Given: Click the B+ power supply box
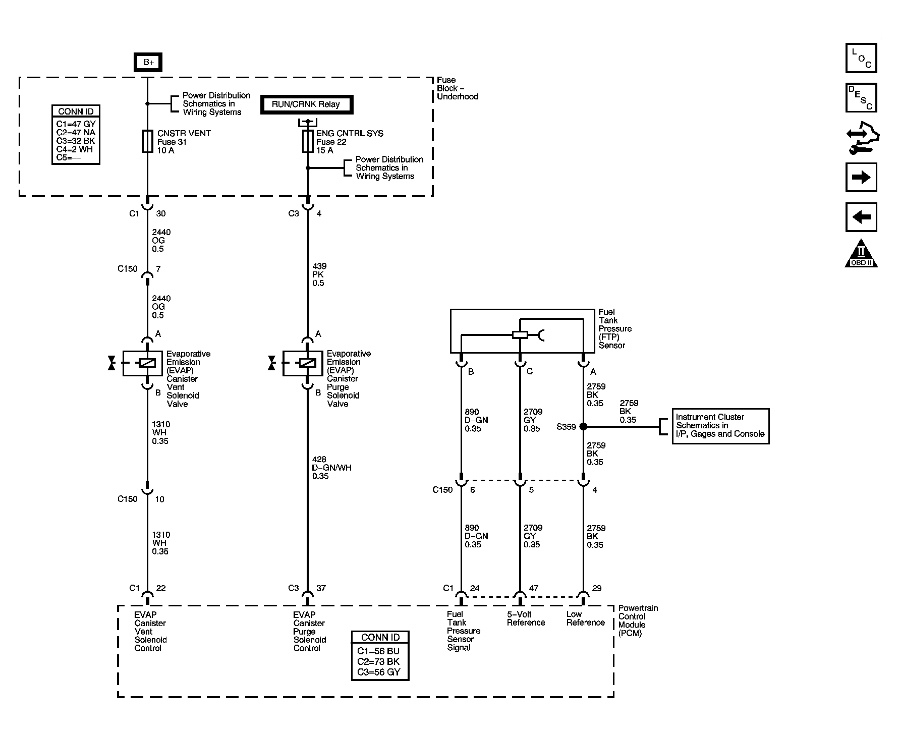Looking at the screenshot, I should click(148, 63).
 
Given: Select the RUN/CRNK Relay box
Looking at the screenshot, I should click(306, 104).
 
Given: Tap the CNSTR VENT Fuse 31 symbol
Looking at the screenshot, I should click(147, 141).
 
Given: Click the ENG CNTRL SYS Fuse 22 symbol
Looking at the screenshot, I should click(307, 142).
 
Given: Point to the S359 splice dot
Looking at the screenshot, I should click(583, 426).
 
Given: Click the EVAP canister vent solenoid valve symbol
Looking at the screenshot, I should click(146, 363).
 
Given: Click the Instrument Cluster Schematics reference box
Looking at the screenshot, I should click(720, 426).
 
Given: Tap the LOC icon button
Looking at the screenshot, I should click(861, 58).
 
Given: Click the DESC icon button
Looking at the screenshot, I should click(861, 97).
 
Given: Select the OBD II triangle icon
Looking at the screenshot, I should click(861, 254).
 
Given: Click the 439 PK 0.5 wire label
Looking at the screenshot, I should click(318, 274).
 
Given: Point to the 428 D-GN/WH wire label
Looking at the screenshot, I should click(331, 468).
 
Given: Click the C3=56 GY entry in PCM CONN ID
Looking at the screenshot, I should click(379, 672).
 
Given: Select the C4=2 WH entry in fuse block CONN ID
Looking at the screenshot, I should click(75, 149).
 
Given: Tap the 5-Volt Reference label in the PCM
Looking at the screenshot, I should click(526, 618).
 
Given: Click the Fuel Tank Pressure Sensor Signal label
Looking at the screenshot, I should click(463, 631).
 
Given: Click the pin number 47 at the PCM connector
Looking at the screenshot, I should click(533, 588).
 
